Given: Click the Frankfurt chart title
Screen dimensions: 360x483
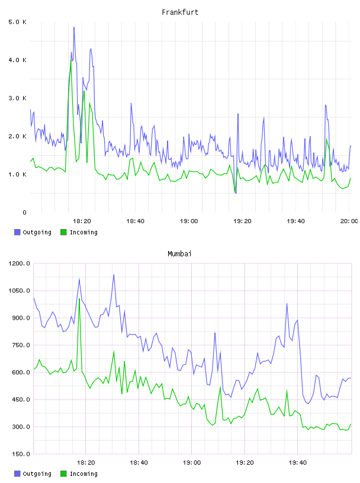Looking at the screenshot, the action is (180, 12).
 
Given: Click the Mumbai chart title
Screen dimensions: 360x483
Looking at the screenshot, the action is (179, 254).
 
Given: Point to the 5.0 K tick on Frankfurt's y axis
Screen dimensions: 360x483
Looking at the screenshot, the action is (18, 22).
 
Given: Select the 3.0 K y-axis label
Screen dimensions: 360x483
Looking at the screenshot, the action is (18, 98).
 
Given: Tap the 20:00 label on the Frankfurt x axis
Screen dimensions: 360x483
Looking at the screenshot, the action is (349, 221).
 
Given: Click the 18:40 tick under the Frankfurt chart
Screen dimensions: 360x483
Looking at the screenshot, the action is (136, 221).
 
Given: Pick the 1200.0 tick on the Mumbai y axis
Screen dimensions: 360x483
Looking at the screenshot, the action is (19, 263).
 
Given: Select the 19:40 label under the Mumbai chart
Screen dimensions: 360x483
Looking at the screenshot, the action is (298, 463).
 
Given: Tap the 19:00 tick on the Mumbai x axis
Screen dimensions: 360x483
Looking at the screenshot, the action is (192, 463).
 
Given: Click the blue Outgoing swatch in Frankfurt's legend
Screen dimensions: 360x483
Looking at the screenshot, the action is (17, 232).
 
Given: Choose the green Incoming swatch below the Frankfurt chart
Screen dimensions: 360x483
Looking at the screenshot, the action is (63, 232).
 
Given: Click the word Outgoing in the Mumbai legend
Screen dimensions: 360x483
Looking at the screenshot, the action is (37, 474).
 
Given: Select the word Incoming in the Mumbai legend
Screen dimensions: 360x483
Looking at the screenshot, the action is (83, 474).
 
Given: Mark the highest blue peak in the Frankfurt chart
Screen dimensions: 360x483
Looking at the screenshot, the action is (74, 27).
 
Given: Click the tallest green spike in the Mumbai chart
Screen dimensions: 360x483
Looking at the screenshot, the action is (79, 298).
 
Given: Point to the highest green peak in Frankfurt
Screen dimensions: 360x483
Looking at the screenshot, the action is (71, 60).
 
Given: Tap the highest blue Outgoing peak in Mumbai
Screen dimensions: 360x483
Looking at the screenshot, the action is (114, 275).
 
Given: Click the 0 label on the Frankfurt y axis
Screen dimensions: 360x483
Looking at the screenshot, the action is (24, 212).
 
